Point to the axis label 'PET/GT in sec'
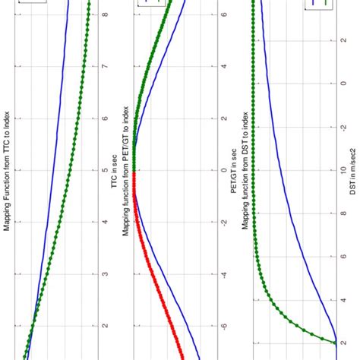pos(236,180)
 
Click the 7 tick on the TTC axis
pos(104,66)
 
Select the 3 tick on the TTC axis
pos(104,274)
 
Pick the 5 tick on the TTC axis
pos(104,170)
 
